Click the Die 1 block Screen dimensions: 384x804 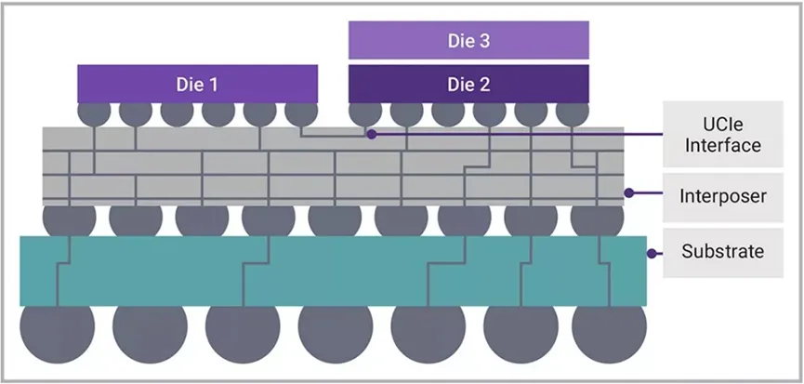coord(197,84)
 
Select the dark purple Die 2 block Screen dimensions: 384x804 coord(468,84)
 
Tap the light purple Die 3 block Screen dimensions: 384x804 coord(468,41)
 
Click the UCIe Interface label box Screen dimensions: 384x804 coord(722,134)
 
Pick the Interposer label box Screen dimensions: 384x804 coord(722,196)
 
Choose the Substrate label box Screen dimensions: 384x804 coord(722,252)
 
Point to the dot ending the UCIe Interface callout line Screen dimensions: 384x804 coord(371,134)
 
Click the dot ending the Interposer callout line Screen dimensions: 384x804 coord(629,193)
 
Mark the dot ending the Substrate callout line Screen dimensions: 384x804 coord(652,252)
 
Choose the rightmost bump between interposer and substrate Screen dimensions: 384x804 coord(597,220)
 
